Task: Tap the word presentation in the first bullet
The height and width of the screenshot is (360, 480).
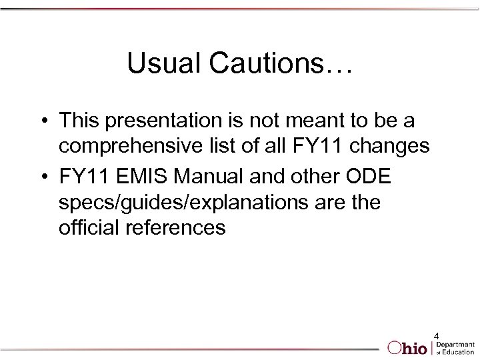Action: (x=170, y=121)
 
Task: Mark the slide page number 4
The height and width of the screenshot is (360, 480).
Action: (x=437, y=335)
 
